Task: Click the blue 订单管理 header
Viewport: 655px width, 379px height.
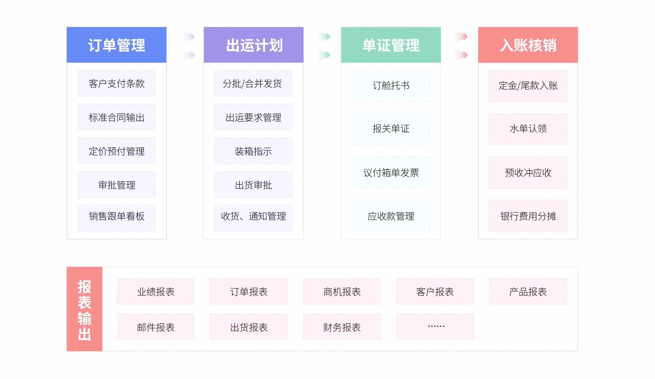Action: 116,45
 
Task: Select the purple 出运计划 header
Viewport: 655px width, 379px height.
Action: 253,45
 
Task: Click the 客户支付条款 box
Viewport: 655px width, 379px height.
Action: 116,83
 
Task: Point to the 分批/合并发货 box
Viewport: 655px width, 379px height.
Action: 253,83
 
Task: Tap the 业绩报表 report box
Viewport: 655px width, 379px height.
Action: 156,291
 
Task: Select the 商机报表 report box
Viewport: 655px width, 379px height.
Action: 342,291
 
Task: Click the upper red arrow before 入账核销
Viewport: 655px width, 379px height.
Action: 462,37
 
